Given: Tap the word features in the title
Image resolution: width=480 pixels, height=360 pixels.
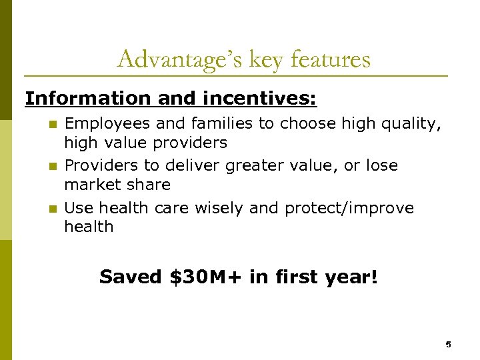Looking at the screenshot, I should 331,60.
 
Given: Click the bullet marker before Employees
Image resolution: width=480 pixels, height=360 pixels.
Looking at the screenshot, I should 55,124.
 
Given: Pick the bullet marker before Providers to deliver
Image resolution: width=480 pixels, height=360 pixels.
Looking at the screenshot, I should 55,166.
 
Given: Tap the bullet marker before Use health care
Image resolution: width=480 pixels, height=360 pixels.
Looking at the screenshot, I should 55,209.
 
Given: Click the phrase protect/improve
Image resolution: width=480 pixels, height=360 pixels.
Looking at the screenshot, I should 349,208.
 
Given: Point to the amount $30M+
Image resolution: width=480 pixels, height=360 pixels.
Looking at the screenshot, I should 207,276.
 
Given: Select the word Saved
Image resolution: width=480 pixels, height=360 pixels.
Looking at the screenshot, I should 131,276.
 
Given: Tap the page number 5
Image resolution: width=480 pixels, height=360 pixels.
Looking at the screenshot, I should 448,345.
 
